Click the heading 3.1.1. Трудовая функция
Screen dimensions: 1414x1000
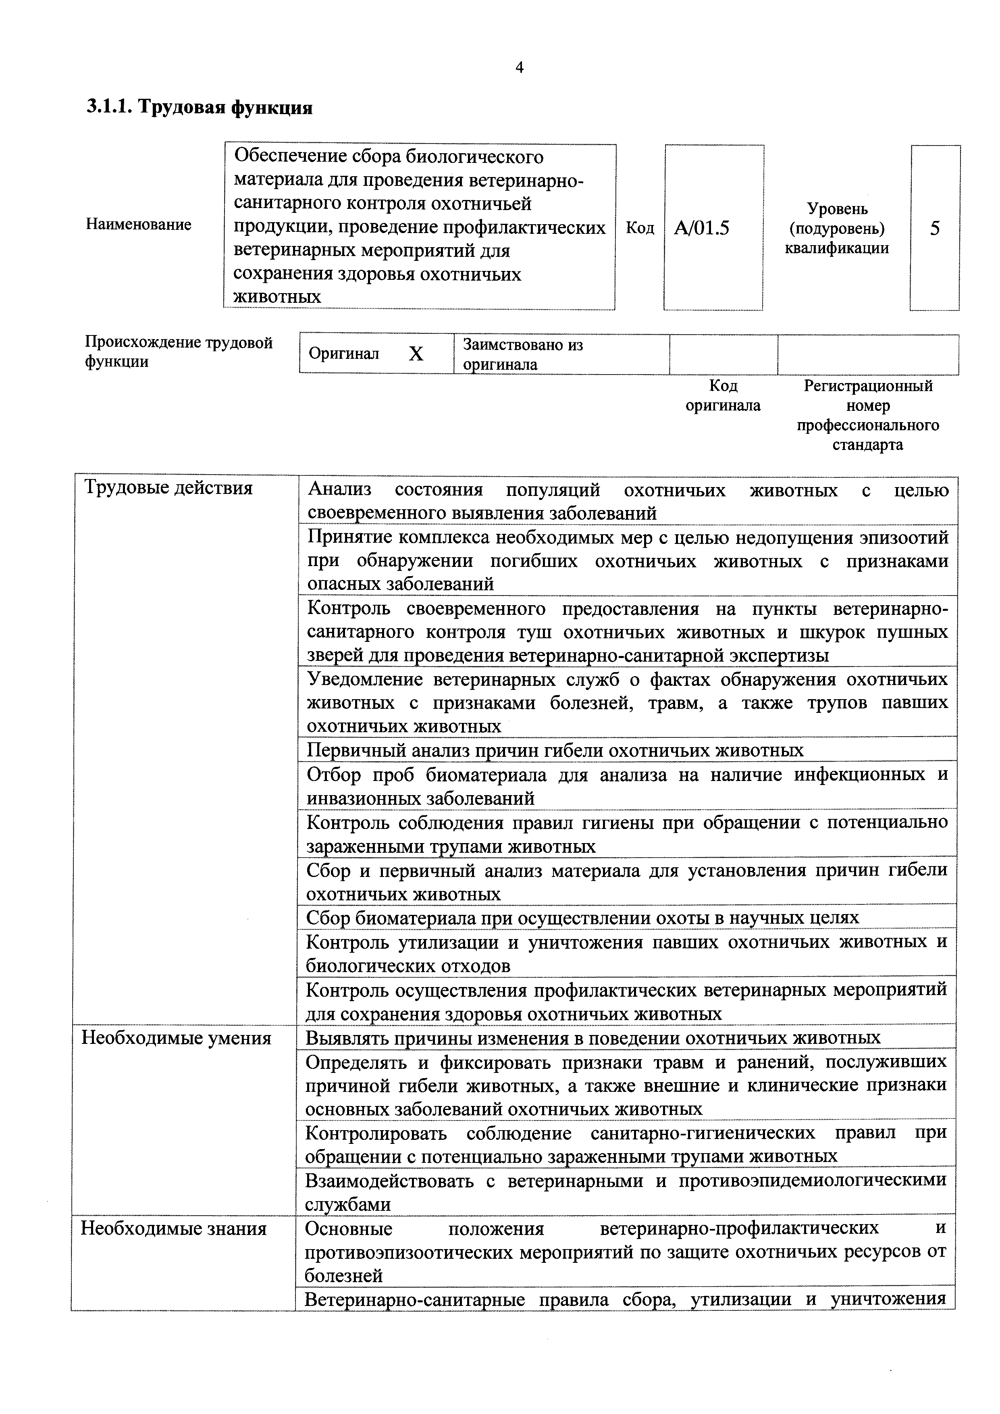(x=199, y=108)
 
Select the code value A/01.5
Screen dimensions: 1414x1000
(x=701, y=229)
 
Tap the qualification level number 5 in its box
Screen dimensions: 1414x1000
(x=935, y=229)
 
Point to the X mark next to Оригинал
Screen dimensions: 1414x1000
(x=416, y=354)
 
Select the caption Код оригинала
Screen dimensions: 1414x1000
(x=723, y=396)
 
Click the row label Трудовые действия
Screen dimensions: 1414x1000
(x=168, y=488)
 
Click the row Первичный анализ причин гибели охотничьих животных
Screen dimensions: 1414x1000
(x=555, y=750)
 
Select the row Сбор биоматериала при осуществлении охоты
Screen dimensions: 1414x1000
(x=582, y=918)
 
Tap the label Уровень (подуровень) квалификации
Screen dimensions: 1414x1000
(x=837, y=229)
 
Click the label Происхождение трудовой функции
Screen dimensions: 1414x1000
(x=179, y=352)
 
